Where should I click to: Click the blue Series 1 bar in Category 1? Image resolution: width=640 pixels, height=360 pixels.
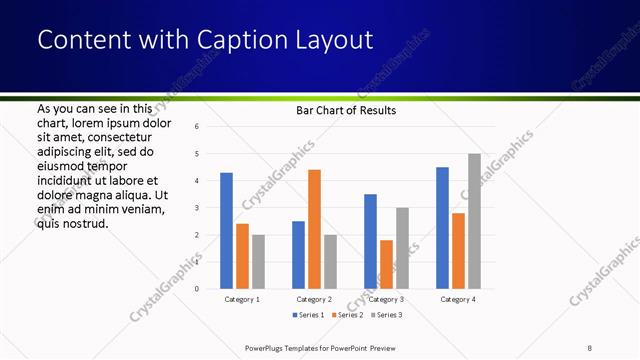(226, 231)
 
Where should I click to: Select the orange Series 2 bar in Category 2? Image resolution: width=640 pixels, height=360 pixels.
(314, 229)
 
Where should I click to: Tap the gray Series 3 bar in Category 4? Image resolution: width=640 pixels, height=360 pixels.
(474, 221)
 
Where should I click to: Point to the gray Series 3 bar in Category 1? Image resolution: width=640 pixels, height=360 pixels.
(258, 262)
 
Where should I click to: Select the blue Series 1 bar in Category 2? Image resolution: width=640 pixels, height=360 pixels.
(298, 255)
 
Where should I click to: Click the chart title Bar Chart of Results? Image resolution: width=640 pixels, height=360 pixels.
(346, 110)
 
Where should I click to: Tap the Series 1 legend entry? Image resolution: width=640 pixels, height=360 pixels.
(308, 315)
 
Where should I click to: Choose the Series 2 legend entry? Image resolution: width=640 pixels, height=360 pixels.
(347, 315)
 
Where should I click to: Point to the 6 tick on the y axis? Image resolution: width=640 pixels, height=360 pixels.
(197, 127)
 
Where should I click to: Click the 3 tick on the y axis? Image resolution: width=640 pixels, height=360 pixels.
(197, 208)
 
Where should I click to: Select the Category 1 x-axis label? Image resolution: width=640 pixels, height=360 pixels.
(242, 299)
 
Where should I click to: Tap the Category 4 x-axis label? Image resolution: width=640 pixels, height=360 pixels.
(458, 299)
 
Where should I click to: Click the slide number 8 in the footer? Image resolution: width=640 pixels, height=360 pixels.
(591, 347)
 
